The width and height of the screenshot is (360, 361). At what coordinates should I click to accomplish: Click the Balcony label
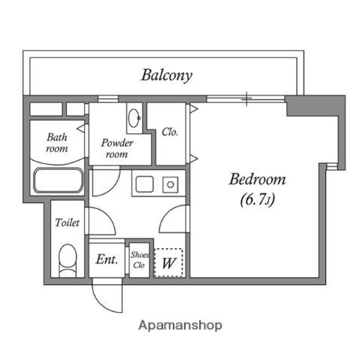pyautogui.click(x=167, y=75)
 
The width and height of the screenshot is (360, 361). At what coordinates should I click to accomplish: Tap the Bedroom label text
pyautogui.click(x=257, y=179)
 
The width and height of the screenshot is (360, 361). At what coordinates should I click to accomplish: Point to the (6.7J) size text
pyautogui.click(x=258, y=200)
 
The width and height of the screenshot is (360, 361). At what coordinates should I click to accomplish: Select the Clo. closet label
pyautogui.click(x=170, y=132)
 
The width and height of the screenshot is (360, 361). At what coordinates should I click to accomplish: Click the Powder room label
pyautogui.click(x=116, y=149)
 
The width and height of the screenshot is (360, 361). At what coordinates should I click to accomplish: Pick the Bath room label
pyautogui.click(x=57, y=143)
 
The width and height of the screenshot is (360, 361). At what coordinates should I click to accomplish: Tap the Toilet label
pyautogui.click(x=67, y=223)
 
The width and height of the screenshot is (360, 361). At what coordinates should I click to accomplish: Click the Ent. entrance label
pyautogui.click(x=107, y=259)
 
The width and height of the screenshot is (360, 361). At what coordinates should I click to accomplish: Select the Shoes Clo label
pyautogui.click(x=139, y=260)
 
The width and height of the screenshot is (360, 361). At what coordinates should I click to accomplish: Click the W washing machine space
pyautogui.click(x=168, y=262)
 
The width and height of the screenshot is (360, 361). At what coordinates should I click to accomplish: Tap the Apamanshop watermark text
pyautogui.click(x=180, y=326)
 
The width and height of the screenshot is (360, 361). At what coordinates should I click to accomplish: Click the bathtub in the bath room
pyautogui.click(x=59, y=180)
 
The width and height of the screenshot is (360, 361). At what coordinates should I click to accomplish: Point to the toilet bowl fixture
pyautogui.click(x=68, y=259)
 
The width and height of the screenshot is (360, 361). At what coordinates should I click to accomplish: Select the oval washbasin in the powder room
pyautogui.click(x=134, y=118)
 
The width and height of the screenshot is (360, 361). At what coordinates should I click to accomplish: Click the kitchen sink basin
pyautogui.click(x=144, y=184)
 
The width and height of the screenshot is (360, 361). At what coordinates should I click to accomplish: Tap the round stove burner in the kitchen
pyautogui.click(x=171, y=185)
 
